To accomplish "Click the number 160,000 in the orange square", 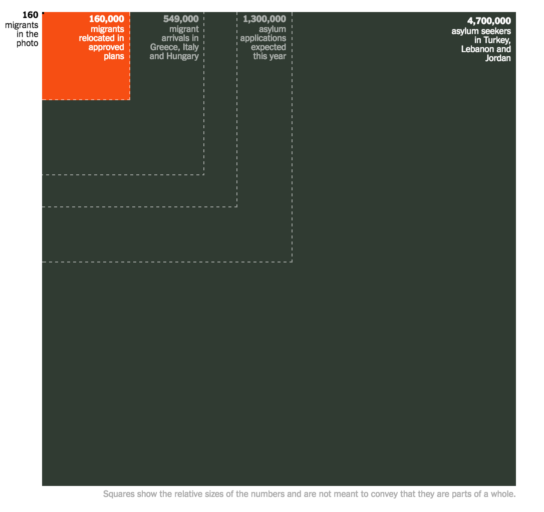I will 106,19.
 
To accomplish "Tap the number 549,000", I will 181,19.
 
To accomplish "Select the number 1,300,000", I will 264,19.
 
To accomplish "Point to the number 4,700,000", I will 489,21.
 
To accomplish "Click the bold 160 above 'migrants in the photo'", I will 30,15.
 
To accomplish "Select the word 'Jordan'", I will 498,58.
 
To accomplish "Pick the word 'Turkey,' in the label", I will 496,40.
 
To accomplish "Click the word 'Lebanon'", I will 478,49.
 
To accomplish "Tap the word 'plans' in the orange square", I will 114,56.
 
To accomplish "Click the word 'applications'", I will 263,38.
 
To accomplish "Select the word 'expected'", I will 268,47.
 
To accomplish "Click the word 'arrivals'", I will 175,38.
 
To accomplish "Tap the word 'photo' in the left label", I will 28,43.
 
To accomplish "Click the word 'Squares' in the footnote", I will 118,494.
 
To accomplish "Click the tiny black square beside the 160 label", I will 43,13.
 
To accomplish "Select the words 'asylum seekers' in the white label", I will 481,31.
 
